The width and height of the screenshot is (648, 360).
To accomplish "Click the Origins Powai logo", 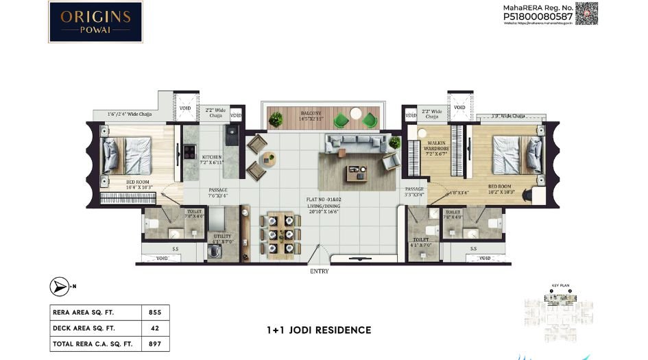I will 95,22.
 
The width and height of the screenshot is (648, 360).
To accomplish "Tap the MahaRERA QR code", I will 586,14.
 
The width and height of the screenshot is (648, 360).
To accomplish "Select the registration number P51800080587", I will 538,18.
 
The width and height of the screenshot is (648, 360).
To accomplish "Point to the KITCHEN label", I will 211,157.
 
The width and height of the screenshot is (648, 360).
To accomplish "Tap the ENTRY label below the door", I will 319,272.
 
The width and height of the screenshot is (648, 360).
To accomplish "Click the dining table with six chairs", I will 280,235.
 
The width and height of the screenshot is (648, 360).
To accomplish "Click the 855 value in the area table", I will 155,312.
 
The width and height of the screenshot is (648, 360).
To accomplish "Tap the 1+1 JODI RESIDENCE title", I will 319,330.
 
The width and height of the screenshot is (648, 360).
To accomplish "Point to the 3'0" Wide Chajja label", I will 508,117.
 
